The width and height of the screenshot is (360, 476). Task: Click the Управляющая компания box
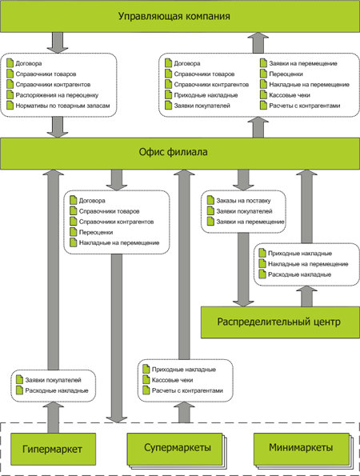(180, 16)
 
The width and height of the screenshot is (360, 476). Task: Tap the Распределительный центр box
(280, 322)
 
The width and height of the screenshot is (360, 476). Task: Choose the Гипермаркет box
(53, 449)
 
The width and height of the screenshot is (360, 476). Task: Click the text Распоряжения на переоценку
(57, 95)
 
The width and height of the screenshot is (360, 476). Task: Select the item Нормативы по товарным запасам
(62, 106)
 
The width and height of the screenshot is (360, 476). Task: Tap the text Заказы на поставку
(243, 200)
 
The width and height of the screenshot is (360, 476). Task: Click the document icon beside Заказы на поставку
(210, 200)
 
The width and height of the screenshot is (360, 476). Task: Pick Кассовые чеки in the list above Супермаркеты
(172, 380)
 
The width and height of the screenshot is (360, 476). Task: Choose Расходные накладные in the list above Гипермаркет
(57, 390)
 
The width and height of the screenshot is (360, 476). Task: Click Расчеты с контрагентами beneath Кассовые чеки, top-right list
(305, 106)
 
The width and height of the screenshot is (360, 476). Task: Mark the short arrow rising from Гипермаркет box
(54, 418)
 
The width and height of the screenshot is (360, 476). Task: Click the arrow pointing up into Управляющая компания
(258, 43)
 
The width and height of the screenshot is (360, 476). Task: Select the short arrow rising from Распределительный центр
(306, 296)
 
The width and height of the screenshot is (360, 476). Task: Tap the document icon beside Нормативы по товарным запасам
(10, 106)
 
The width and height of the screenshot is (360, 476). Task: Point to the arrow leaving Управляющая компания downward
(58, 43)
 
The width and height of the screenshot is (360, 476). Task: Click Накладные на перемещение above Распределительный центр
(308, 264)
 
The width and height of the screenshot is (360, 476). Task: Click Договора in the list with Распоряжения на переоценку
(29, 63)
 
